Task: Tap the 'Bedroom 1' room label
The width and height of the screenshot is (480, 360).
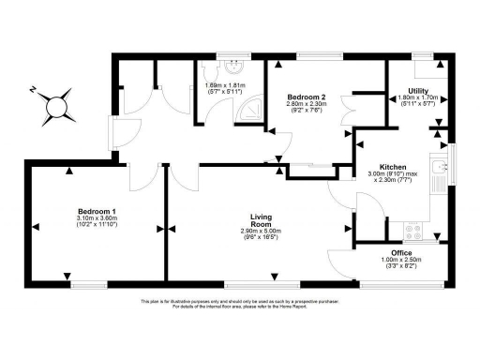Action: tap(94, 212)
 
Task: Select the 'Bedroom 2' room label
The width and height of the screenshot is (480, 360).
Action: tap(307, 97)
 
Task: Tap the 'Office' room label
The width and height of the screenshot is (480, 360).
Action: tap(400, 252)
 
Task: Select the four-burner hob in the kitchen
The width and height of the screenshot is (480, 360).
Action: tap(412, 227)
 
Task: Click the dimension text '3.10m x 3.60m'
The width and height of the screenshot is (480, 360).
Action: tap(94, 218)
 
